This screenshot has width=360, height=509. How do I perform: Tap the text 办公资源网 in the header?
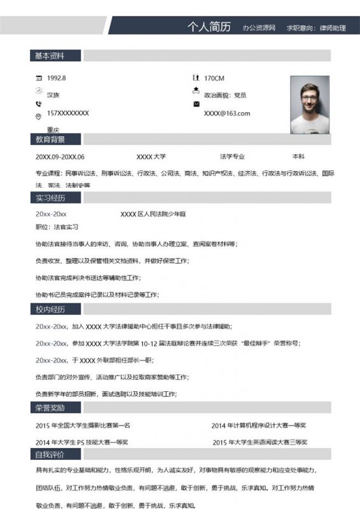point(258,28)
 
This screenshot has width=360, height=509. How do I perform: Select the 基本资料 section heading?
point(50,56)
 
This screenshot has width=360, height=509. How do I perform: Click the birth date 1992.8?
point(57,78)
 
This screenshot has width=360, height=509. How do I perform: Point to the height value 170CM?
point(214,78)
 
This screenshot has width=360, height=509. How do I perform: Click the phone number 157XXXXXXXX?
point(68,113)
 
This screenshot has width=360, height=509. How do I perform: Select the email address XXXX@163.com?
point(227,113)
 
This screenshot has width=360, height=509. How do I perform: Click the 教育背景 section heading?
point(50,139)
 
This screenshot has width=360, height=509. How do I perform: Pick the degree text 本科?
point(298,157)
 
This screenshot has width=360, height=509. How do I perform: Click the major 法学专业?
point(232,157)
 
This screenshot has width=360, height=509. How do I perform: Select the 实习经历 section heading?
point(50,197)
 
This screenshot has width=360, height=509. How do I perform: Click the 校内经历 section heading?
point(50,309)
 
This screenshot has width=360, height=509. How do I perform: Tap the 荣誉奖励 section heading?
point(50,407)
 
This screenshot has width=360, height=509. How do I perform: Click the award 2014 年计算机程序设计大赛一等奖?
point(259,425)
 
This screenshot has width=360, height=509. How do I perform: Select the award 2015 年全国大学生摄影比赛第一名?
point(83,425)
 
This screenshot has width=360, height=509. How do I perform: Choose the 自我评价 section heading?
point(50,454)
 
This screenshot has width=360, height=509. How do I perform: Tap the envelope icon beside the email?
point(196,103)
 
